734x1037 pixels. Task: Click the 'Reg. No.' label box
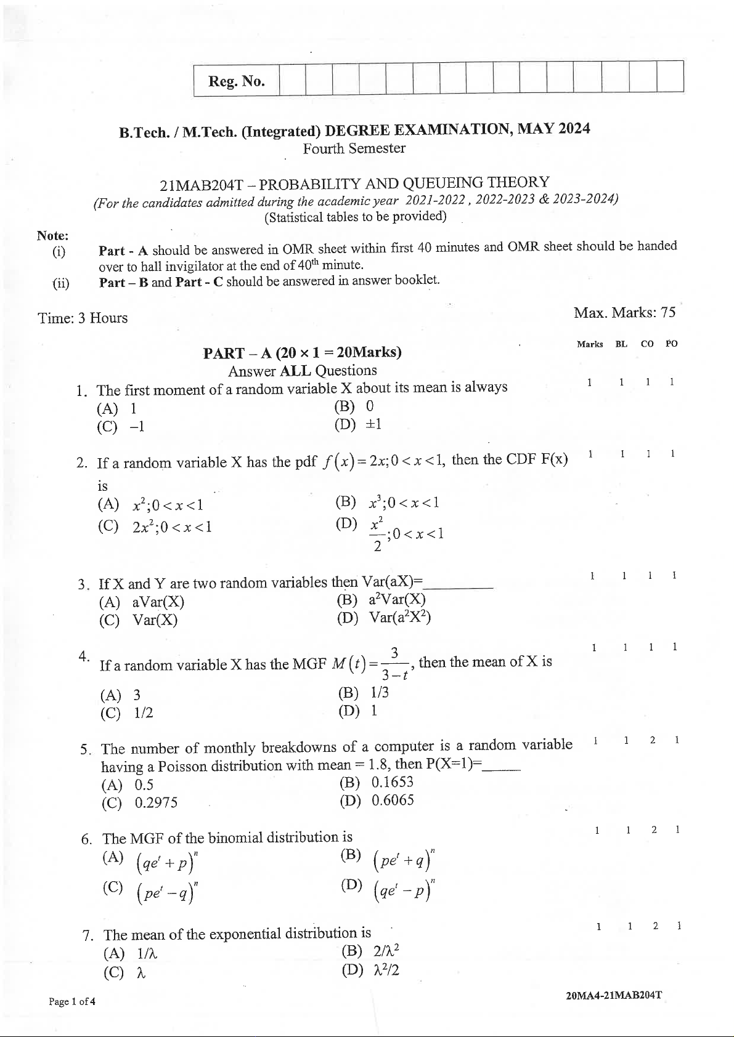point(237,81)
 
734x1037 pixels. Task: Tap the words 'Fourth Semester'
point(354,148)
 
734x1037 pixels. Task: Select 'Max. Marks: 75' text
point(624,312)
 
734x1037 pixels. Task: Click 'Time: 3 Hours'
point(83,318)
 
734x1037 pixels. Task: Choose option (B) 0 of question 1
point(354,406)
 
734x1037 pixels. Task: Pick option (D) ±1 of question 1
point(358,424)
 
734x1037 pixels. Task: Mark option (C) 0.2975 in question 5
point(140,802)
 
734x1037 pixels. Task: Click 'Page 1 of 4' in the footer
point(72,1001)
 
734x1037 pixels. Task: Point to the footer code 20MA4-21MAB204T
point(613,996)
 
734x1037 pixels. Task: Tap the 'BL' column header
point(621,344)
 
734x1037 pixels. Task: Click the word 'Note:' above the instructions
point(53,235)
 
